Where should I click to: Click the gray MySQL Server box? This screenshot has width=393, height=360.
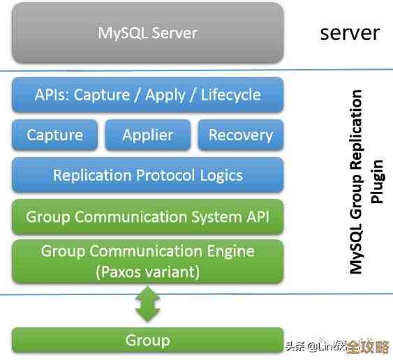click(147, 33)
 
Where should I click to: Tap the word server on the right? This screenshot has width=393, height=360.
click(350, 32)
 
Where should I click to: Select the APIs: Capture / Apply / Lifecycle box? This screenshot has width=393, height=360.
click(147, 95)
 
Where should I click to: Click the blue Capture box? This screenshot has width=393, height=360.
click(54, 135)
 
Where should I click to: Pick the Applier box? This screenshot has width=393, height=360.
click(147, 135)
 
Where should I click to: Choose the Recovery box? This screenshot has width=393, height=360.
click(241, 135)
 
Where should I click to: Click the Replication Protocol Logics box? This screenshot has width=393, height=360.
click(147, 175)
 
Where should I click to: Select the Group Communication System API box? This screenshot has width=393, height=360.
click(147, 216)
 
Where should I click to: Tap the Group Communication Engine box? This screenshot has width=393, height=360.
click(147, 261)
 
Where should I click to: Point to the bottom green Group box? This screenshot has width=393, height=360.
click(147, 340)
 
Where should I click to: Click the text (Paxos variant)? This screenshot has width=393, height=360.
click(147, 272)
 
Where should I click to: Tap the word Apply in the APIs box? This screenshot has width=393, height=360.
click(165, 95)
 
